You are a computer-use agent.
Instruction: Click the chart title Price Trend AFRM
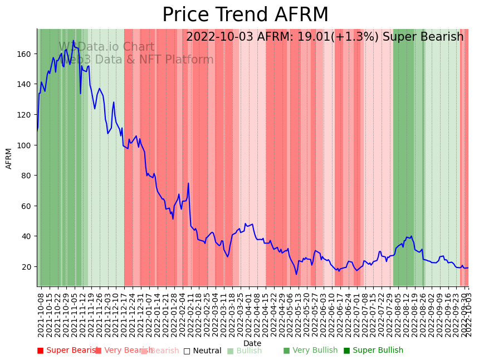pos(245,15)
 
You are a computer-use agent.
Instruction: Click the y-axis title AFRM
pos(9,158)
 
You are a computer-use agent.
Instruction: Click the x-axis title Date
pos(252,343)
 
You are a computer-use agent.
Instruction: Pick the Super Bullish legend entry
pos(373,351)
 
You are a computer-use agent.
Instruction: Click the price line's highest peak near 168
pos(73,41)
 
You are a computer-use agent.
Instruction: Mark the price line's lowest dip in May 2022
pos(296,274)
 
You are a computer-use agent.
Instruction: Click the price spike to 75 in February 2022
pos(188,183)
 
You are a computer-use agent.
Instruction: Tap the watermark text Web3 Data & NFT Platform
pos(136,60)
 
